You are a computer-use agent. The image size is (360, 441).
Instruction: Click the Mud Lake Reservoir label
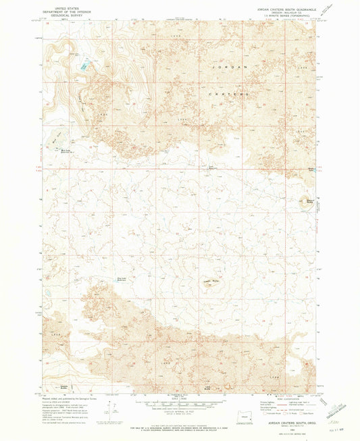pyautogui.click(x=66, y=151)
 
